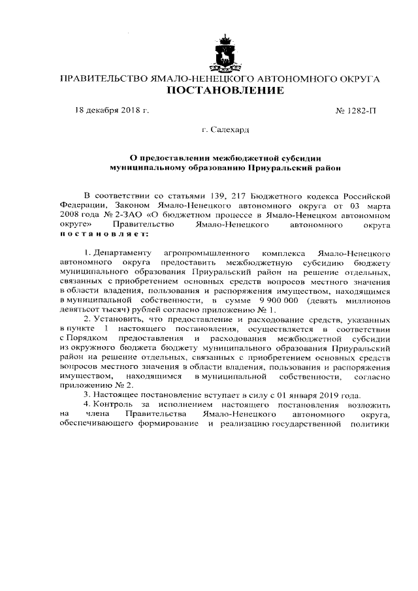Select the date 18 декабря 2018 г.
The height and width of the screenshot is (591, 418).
(112, 110)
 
